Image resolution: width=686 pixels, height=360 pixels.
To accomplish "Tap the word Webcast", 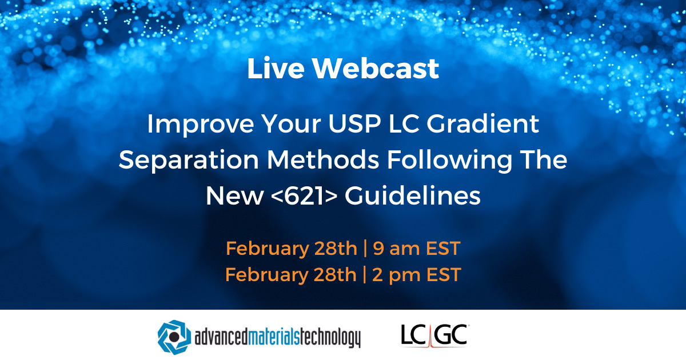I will [376, 69].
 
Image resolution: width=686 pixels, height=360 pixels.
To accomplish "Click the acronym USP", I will [320, 125].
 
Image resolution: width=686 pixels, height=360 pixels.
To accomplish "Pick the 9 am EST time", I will [416, 249].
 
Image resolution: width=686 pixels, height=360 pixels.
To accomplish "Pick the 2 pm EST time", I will [416, 275].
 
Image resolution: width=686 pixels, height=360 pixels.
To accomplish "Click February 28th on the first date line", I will [290, 249].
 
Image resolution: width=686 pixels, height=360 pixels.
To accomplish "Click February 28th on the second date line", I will [290, 275].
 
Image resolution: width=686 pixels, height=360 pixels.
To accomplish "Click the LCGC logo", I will [434, 335].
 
